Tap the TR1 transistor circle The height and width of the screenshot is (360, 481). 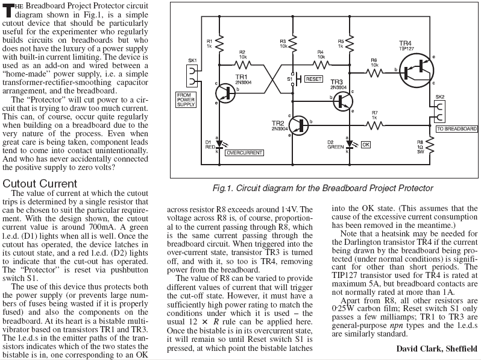224,90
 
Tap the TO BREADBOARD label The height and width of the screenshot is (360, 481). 456,129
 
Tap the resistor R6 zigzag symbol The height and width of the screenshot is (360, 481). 375,72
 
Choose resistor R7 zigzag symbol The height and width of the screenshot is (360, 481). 375,124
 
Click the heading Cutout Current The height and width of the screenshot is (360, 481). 48,183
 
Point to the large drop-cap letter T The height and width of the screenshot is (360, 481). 8,8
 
